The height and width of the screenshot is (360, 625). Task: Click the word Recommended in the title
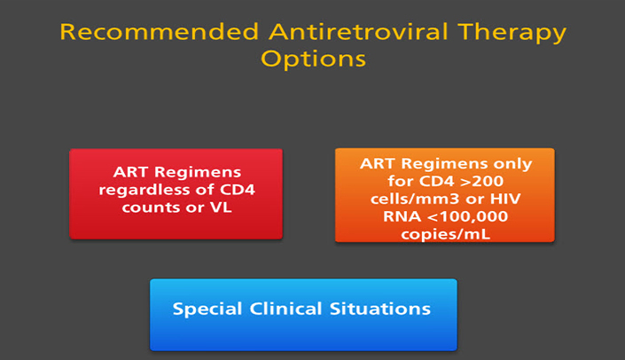click(x=160, y=32)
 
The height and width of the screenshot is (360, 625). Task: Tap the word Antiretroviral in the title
click(x=358, y=32)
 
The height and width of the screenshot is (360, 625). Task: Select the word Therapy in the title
click(x=512, y=34)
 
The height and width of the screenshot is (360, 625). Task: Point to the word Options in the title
click(x=313, y=59)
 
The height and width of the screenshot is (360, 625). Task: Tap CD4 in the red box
click(x=238, y=190)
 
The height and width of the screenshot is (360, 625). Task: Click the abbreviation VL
click(x=221, y=207)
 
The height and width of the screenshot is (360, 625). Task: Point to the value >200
click(x=481, y=182)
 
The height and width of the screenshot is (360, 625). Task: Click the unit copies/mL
click(x=445, y=235)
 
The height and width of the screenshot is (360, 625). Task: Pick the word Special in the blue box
click(x=207, y=309)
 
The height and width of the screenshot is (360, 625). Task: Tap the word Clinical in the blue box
click(x=285, y=309)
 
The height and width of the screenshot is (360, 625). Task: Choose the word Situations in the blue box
click(x=380, y=309)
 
